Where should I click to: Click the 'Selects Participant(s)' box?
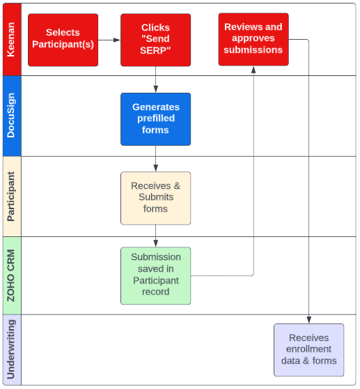63,40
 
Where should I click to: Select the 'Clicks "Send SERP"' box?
155,40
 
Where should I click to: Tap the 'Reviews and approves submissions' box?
253,40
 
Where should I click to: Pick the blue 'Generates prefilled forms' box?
155,119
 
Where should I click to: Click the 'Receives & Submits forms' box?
155,198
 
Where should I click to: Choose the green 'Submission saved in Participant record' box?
155,275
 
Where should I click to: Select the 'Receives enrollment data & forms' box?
308,350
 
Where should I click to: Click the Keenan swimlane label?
11,40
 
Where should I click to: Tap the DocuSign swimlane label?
11,115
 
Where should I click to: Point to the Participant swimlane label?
11,196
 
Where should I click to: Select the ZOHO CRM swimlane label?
11,275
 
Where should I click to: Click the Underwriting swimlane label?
11,349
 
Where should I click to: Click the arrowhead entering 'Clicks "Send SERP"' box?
117,40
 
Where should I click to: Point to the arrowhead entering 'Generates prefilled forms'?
155,89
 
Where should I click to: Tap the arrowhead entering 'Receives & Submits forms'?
155,168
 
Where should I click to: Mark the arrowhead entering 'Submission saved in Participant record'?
155,243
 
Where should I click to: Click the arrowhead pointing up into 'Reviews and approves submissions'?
253,70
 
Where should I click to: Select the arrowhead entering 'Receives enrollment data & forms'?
308,320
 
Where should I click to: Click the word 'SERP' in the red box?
155,50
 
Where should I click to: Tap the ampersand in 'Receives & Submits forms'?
177,186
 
